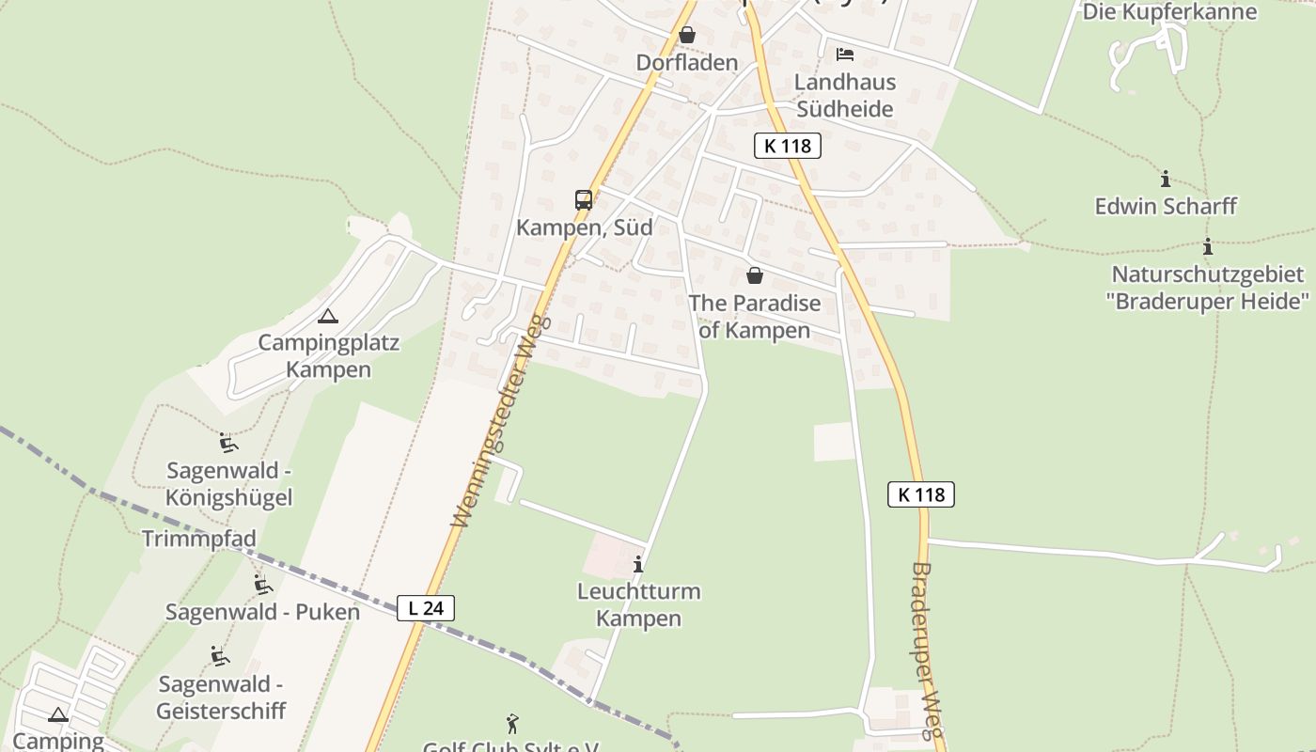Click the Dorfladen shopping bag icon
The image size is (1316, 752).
687,35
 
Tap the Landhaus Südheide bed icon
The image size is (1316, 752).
845,55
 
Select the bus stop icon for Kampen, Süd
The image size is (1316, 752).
584,200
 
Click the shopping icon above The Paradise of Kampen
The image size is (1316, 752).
754,275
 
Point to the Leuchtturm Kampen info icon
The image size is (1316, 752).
638,564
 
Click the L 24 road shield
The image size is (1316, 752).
426,608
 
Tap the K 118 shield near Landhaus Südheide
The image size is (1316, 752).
788,146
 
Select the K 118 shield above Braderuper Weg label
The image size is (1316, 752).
921,494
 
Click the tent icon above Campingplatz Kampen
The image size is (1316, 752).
327,316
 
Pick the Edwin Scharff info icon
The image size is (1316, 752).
1166,179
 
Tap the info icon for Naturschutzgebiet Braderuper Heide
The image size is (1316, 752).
1208,247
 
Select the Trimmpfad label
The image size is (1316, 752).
198,539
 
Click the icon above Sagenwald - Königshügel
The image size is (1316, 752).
227,442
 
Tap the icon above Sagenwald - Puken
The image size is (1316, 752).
263,585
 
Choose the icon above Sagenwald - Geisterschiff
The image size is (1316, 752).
220,656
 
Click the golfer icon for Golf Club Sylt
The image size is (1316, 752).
512,724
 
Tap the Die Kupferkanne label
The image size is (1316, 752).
1169,12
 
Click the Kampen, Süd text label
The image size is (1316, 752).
584,227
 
